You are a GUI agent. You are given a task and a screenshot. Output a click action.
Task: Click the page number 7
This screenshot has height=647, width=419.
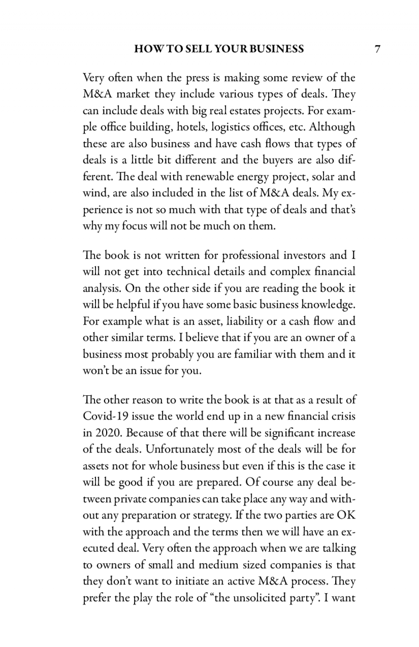[x=377, y=49]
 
